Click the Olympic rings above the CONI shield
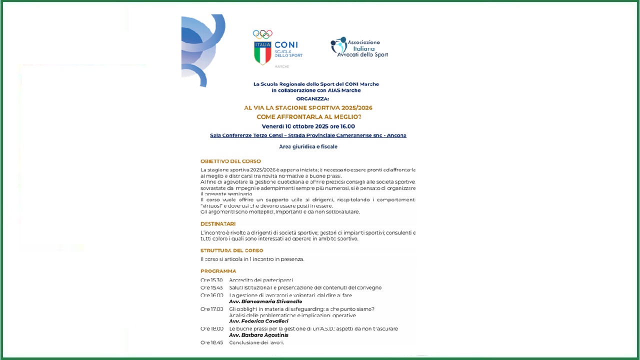(x=262, y=34)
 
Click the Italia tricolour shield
(x=262, y=53)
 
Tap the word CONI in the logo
(x=286, y=45)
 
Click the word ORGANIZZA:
(x=316, y=99)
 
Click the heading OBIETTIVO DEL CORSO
(x=230, y=161)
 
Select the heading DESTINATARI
(x=218, y=224)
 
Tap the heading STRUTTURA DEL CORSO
(x=231, y=250)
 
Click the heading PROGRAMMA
(x=218, y=271)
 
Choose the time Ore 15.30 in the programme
(x=211, y=280)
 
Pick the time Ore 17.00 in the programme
(x=211, y=309)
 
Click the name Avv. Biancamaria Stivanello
(x=265, y=301)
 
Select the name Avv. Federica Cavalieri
(x=258, y=321)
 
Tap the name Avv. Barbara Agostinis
(x=258, y=335)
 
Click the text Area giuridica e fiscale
(x=308, y=146)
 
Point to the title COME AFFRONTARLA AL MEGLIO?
(x=308, y=117)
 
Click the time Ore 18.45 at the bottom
(x=211, y=342)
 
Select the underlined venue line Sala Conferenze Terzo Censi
(x=308, y=135)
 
